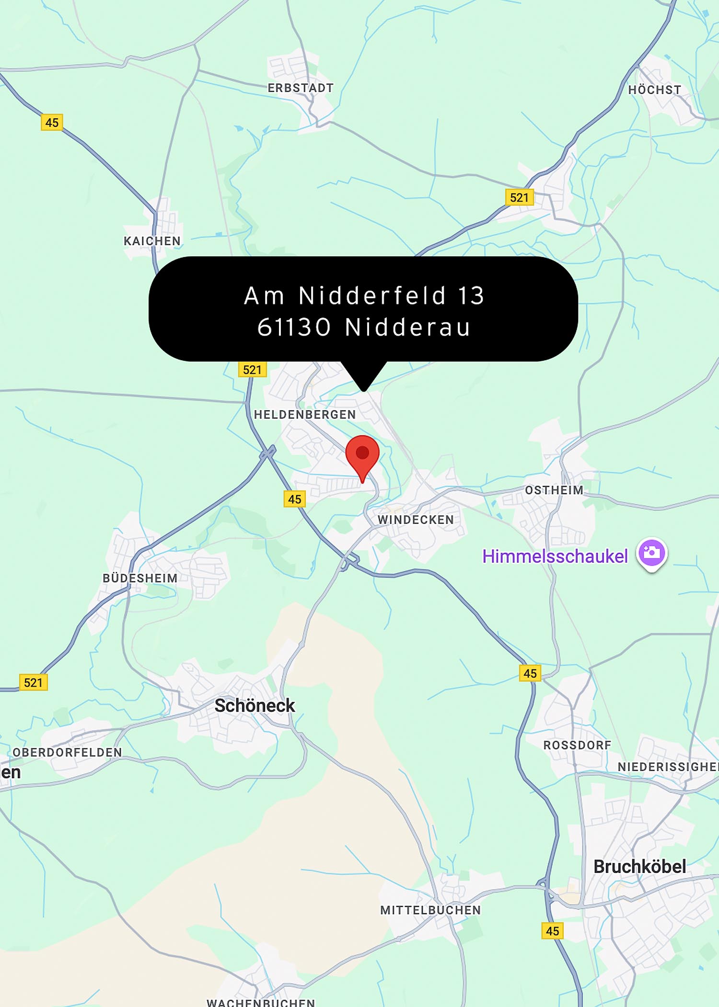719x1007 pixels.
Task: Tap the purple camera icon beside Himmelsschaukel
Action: [x=651, y=553]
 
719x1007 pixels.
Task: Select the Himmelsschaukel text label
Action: [x=555, y=556]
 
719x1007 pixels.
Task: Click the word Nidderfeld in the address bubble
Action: [x=372, y=295]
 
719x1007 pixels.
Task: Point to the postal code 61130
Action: [x=294, y=328]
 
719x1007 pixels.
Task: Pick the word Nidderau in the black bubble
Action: [x=407, y=328]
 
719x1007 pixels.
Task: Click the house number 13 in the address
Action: [x=471, y=295]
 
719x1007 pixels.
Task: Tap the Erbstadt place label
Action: [x=301, y=88]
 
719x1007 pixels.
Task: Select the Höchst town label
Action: [x=654, y=90]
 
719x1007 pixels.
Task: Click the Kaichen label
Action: [x=152, y=241]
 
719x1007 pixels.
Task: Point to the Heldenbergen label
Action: [x=305, y=415]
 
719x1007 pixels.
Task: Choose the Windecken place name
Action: [x=416, y=520]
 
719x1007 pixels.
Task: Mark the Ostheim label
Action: [x=554, y=490]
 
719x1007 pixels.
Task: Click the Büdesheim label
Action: [x=140, y=578]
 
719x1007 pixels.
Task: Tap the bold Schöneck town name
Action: [x=255, y=705]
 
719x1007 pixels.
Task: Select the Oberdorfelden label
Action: [x=67, y=752]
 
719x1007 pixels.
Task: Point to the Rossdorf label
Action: [x=577, y=745]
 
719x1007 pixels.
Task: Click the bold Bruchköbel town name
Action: [x=639, y=867]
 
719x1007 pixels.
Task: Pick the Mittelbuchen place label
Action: [x=430, y=910]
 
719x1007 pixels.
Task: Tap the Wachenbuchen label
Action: [x=261, y=1002]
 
